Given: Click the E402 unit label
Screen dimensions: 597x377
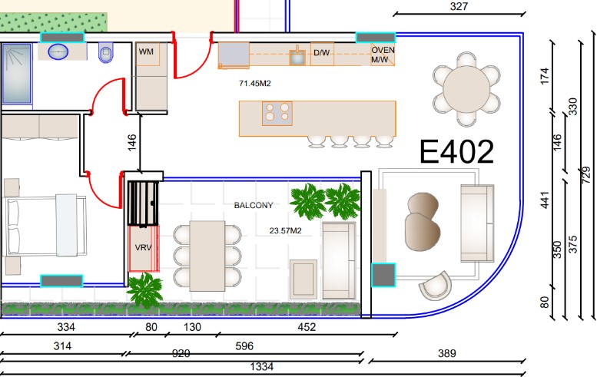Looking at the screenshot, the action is [x=456, y=152].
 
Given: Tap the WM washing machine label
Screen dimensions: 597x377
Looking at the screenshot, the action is [x=146, y=51].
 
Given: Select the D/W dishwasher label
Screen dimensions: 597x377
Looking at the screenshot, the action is [x=321, y=53].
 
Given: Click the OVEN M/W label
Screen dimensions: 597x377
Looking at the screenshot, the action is [x=383, y=55].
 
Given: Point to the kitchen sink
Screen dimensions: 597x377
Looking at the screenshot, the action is [x=297, y=56].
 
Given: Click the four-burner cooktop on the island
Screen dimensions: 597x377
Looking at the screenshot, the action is [x=277, y=113].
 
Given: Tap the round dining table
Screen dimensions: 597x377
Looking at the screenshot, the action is [x=466, y=89].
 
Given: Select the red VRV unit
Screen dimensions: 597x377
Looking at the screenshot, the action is [x=144, y=249].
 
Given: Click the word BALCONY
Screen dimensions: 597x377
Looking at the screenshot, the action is [x=254, y=206].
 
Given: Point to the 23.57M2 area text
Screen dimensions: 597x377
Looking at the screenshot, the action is [x=286, y=230].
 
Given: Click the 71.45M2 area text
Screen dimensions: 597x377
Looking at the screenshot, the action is [x=255, y=84].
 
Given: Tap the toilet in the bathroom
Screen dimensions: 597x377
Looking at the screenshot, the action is [x=106, y=52].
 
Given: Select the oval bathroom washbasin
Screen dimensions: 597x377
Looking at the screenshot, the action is [x=58, y=51].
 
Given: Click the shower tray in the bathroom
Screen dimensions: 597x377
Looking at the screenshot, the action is [x=17, y=73].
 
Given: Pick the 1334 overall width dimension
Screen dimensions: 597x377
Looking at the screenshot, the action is [x=261, y=366].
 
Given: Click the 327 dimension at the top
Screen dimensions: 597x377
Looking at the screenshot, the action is [x=459, y=6].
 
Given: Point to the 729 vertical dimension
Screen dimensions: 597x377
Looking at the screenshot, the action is [x=586, y=174].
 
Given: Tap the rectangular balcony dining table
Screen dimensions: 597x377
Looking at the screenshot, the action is [x=207, y=256].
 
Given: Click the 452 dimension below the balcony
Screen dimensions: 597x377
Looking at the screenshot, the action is [x=307, y=327].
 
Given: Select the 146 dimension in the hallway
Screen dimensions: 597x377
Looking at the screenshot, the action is [x=131, y=142].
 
